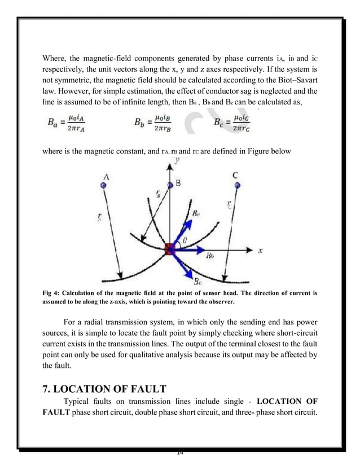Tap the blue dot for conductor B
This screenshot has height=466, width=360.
click(170, 184)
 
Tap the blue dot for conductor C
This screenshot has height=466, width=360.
click(237, 184)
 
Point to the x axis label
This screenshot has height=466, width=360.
click(261, 250)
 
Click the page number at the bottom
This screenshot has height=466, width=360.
click(180, 452)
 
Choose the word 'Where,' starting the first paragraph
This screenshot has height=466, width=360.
click(55, 58)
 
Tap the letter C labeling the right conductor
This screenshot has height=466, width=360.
click(236, 175)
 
